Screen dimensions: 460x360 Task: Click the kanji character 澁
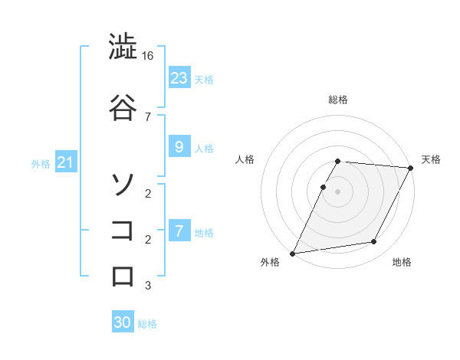click(123, 48)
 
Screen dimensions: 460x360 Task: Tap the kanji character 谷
click(123, 107)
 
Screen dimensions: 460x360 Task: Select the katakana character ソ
click(123, 184)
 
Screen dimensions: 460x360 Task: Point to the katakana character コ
click(123, 230)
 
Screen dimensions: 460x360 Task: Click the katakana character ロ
click(123, 276)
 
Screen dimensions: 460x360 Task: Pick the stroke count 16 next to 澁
click(149, 56)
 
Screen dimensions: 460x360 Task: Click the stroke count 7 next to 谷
click(147, 116)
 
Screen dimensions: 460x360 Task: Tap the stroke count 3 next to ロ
click(147, 286)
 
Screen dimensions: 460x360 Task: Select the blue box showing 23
click(179, 77)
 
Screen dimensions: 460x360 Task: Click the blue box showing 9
click(179, 147)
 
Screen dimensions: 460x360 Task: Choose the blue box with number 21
click(65, 162)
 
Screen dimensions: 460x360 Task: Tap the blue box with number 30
click(123, 322)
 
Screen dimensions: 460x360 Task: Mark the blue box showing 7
click(179, 231)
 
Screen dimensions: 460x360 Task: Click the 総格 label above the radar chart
click(338, 100)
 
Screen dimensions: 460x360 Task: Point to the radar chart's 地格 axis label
click(402, 262)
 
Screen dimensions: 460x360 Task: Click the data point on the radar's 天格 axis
click(411, 168)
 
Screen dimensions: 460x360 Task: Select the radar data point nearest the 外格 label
click(293, 253)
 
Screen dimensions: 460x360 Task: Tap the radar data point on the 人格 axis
click(324, 187)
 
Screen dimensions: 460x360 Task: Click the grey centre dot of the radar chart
click(338, 191)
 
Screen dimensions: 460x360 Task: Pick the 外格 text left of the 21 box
click(41, 163)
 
